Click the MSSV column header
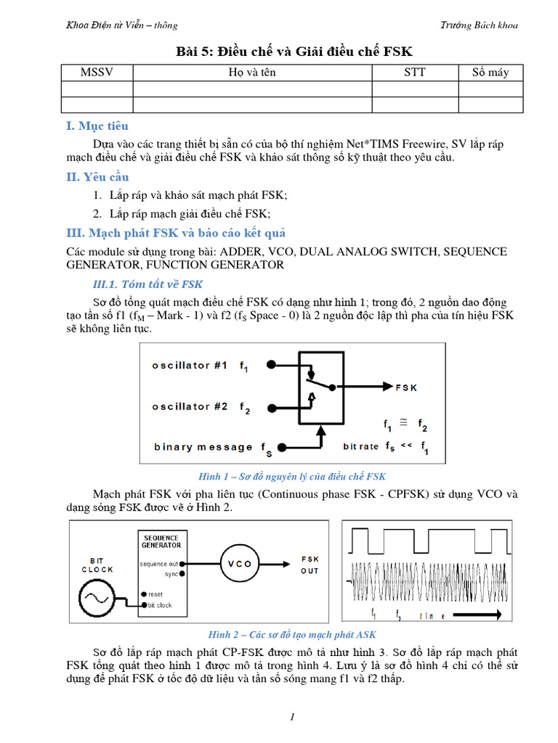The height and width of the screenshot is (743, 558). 97,72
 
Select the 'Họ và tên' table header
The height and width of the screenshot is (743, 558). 252,72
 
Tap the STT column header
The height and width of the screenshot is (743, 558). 415,72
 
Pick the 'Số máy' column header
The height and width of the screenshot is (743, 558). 490,72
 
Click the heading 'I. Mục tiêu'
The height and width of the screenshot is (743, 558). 97,126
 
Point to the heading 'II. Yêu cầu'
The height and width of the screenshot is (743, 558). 97,177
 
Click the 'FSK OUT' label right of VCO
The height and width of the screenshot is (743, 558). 310,565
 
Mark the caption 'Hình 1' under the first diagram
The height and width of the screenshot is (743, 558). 292,477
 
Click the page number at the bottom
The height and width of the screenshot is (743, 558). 291,718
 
